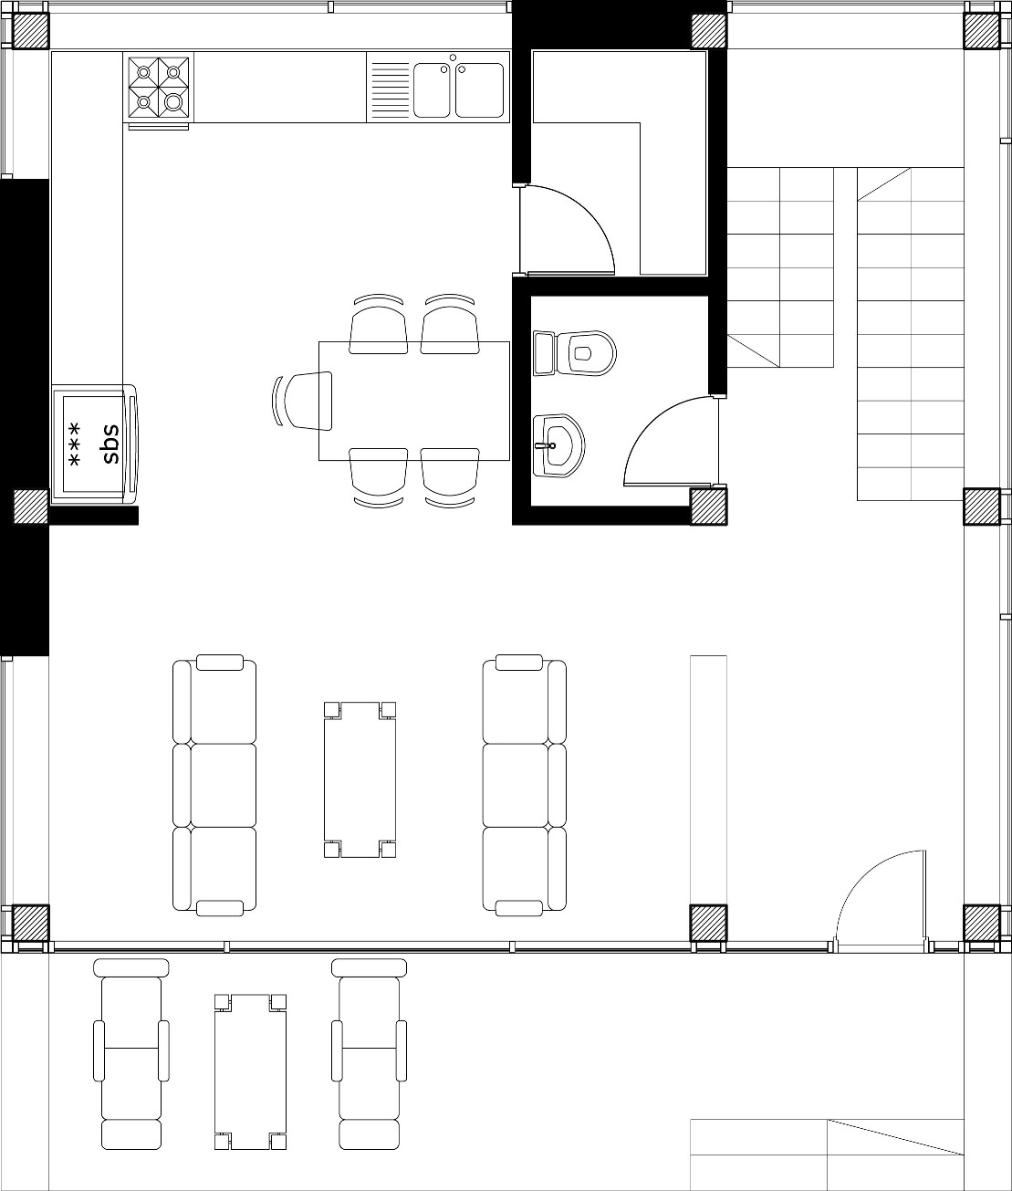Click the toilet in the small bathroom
pos(574,352)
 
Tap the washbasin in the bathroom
pos(558,445)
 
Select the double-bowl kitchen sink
pos(458,89)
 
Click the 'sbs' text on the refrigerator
pos(110,444)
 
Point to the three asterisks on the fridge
pos(74,444)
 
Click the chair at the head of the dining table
pos(303,401)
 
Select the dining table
pos(414,401)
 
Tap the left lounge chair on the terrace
pos(131,1046)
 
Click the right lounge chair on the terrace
pos(370,1046)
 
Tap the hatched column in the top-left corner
pos(30,30)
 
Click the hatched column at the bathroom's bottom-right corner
pos(708,507)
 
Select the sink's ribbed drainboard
pos(390,89)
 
